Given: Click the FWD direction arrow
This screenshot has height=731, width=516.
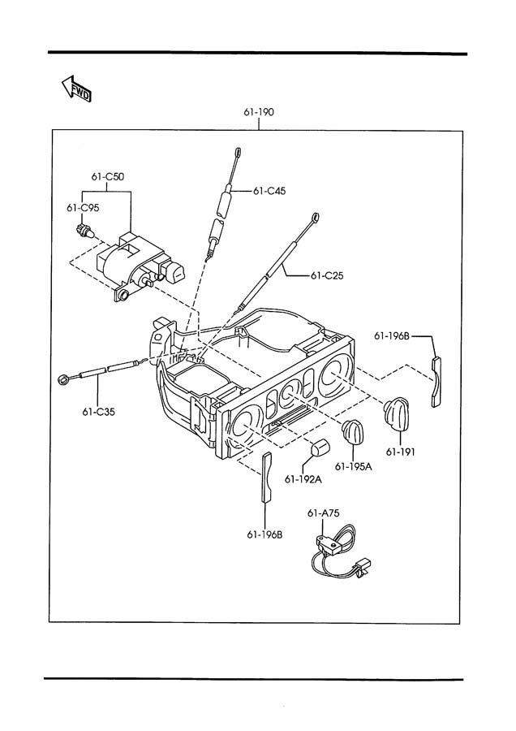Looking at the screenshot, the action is pyautogui.click(x=76, y=88).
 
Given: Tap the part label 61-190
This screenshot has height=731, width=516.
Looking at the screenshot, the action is pyautogui.click(x=259, y=112).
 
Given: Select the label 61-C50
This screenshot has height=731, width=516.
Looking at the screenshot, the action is pyautogui.click(x=108, y=177).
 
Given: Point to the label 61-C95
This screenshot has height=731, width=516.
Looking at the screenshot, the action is pyautogui.click(x=83, y=208).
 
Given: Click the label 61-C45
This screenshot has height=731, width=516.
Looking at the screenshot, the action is pyautogui.click(x=269, y=191).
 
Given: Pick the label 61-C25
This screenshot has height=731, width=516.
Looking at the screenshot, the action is pyautogui.click(x=327, y=276).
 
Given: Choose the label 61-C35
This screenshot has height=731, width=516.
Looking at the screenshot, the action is pyautogui.click(x=98, y=412).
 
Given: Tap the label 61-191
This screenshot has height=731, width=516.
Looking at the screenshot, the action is pyautogui.click(x=400, y=452).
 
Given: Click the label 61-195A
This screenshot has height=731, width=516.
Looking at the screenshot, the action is pyautogui.click(x=354, y=467).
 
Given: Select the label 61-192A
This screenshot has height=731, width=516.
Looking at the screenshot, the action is pyautogui.click(x=303, y=479).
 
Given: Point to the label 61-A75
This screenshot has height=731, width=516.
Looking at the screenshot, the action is pyautogui.click(x=323, y=513).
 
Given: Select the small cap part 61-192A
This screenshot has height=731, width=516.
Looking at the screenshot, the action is pyautogui.click(x=319, y=448).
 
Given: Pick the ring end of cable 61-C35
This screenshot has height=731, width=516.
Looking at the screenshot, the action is pyautogui.click(x=62, y=380).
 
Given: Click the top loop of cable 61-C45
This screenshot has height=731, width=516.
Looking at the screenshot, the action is pyautogui.click(x=238, y=152).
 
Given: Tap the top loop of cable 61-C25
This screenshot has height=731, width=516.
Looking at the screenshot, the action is pyautogui.click(x=316, y=217).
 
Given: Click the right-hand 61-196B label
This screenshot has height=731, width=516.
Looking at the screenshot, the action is pyautogui.click(x=392, y=335).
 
